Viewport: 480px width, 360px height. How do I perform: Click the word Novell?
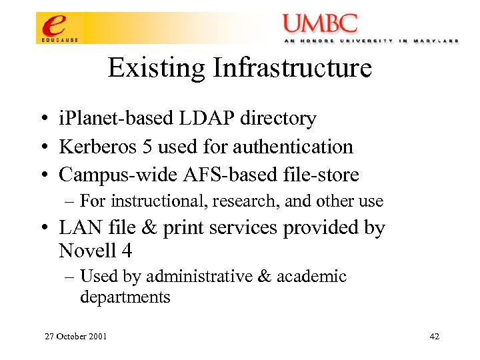tap(88, 251)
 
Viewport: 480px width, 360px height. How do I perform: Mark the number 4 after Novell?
tap(127, 251)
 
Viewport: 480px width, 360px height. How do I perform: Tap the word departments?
tap(125, 297)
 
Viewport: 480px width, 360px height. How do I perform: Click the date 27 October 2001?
tap(75, 337)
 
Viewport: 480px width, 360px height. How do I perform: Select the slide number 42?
tap(434, 337)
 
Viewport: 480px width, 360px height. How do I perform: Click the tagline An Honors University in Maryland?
tap(371, 41)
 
